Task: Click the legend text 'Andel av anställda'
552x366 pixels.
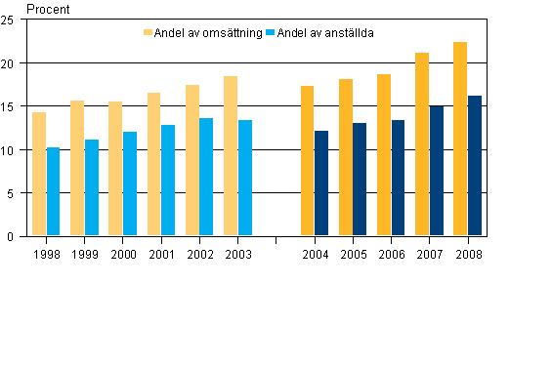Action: pyautogui.click(x=325, y=33)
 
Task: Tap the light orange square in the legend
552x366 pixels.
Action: pyautogui.click(x=149, y=33)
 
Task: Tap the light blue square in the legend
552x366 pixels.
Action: pyautogui.click(x=271, y=33)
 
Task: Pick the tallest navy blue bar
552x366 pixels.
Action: pyautogui.click(x=475, y=165)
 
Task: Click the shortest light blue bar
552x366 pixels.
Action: pyautogui.click(x=53, y=191)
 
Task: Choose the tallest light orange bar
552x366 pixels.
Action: pyautogui.click(x=231, y=155)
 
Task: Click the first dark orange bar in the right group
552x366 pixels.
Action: pyautogui.click(x=307, y=160)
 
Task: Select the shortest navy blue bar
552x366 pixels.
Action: pyautogui.click(x=321, y=183)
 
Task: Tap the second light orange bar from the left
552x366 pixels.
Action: pyautogui.click(x=77, y=168)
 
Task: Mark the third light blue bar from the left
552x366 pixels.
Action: pyautogui.click(x=130, y=183)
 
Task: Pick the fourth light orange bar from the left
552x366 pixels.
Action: pyautogui.click(x=154, y=164)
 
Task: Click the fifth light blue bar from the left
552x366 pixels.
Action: pyautogui.click(x=206, y=177)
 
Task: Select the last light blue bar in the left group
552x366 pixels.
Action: pyautogui.click(x=245, y=178)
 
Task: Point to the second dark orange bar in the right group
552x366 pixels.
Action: pyautogui.click(x=346, y=157)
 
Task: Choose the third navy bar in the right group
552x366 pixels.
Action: pyautogui.click(x=398, y=178)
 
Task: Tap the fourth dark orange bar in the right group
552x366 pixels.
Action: pyautogui.click(x=422, y=143)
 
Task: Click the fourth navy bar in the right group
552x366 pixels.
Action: pyautogui.click(x=437, y=170)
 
